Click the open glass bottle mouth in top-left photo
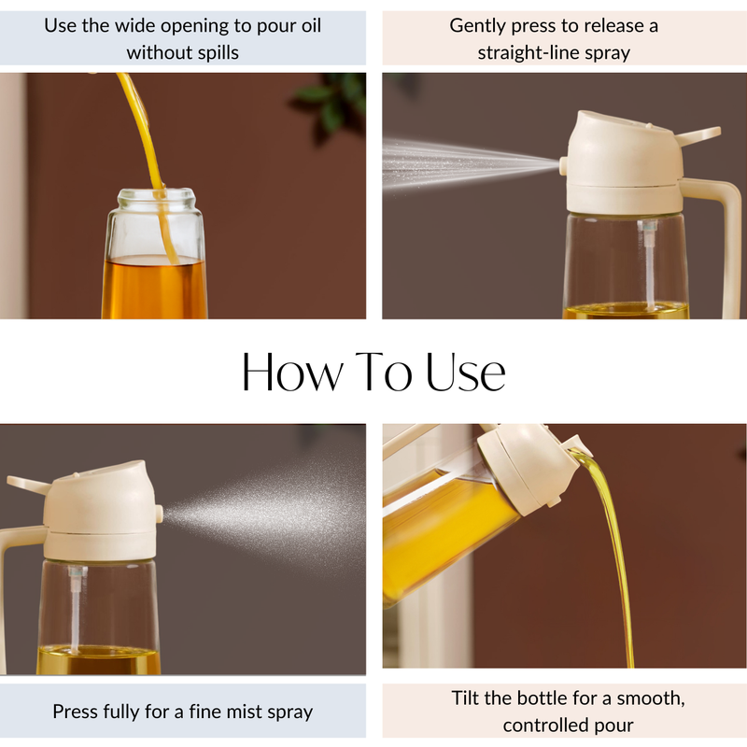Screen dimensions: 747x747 point(156,197)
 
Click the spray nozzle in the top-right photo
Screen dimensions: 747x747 point(564,166)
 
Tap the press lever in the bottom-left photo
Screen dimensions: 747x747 point(28,483)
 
